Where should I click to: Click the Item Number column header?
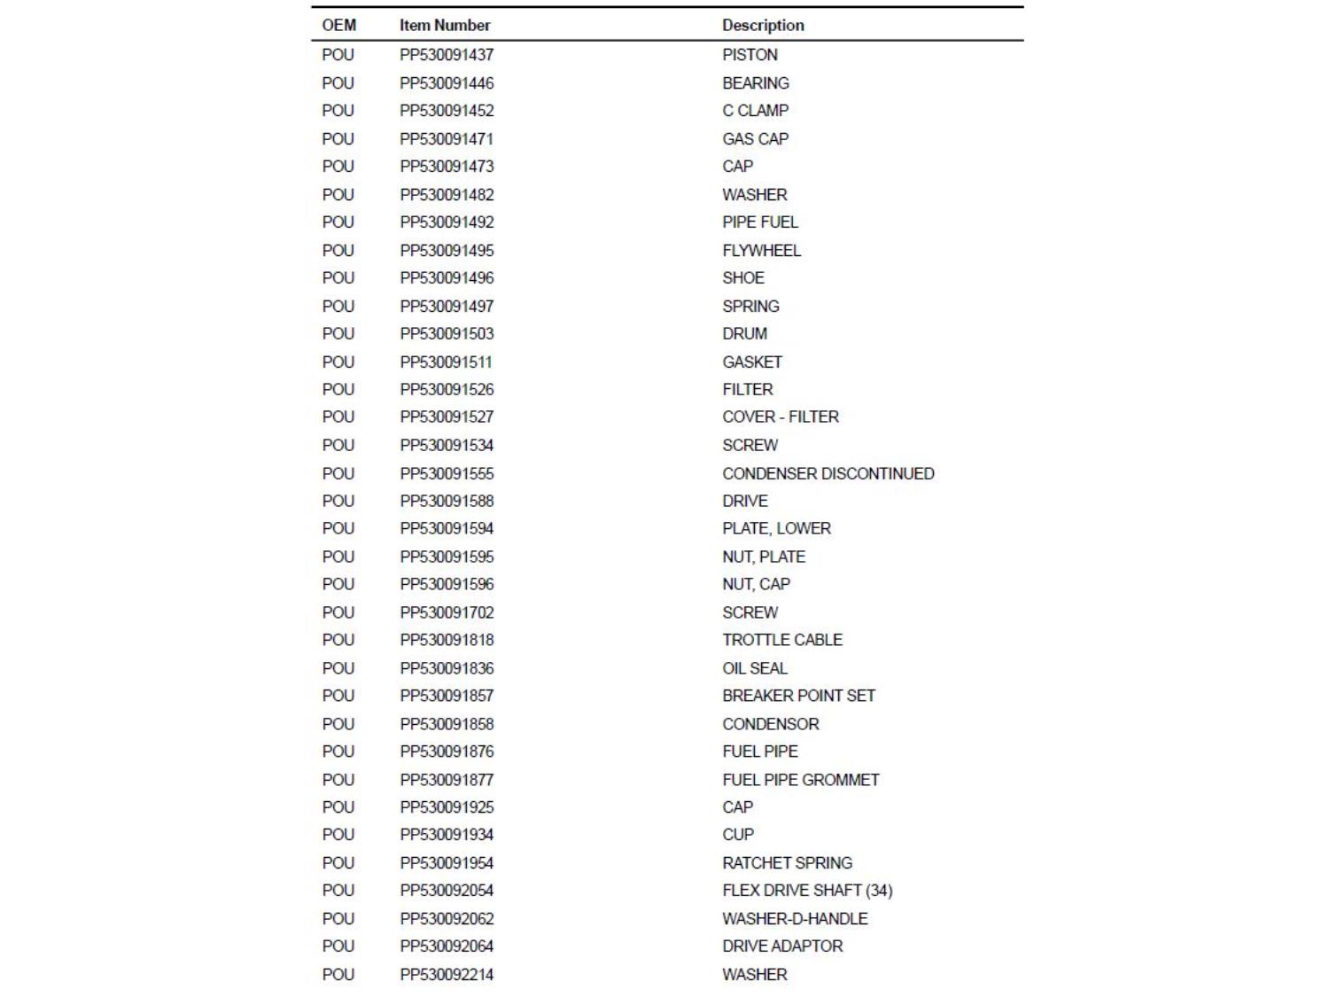[444, 26]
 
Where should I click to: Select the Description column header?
[763, 26]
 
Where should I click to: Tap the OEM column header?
[338, 26]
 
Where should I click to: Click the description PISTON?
[750, 55]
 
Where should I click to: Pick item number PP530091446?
[447, 83]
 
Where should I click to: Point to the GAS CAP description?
[755, 139]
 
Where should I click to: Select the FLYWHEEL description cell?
[761, 251]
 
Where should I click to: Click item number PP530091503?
[447, 334]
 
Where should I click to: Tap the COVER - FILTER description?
[780, 417]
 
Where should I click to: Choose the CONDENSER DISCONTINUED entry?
[828, 474]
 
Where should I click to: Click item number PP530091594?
[447, 528]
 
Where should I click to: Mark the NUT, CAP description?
[756, 584]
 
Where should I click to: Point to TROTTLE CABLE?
[781, 640]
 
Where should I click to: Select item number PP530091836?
[447, 668]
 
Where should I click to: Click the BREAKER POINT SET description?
[798, 696]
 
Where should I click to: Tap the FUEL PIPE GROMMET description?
[800, 780]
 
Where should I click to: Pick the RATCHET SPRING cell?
[787, 863]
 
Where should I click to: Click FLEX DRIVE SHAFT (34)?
[807, 891]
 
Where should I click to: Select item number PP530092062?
[447, 919]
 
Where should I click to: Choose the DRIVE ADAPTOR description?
[782, 946]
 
